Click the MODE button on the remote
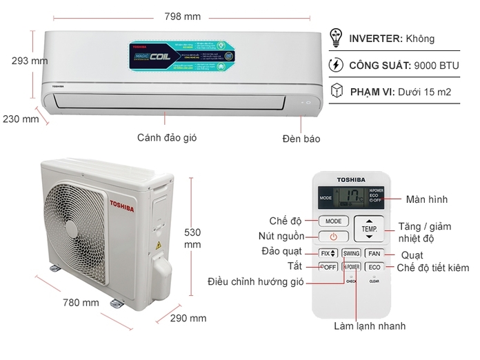334,221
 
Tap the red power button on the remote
334,237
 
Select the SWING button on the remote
351,253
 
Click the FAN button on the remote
374,253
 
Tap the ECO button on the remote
374,267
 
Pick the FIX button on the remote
328,253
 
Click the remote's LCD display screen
352,197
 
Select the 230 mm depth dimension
21,119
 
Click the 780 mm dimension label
81,302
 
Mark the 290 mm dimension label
188,318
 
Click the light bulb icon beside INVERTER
337,38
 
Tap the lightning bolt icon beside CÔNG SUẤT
337,65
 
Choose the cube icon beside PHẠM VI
337,91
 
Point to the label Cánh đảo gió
166,137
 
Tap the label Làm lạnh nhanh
370,326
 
